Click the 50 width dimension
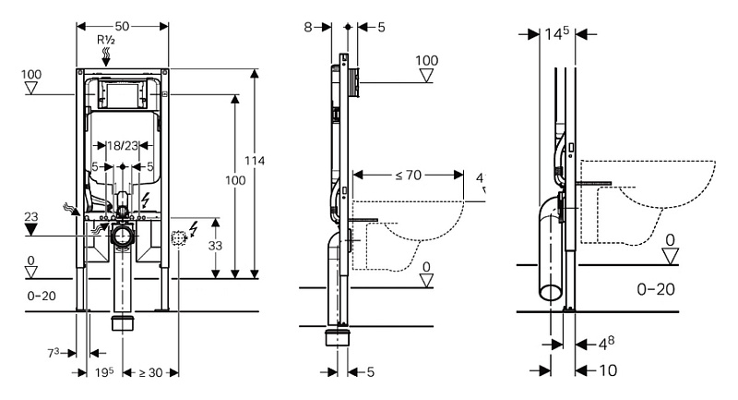click(x=123, y=20)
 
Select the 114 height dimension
click(x=261, y=161)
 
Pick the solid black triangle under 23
click(x=32, y=227)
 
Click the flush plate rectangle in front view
click(x=123, y=94)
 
